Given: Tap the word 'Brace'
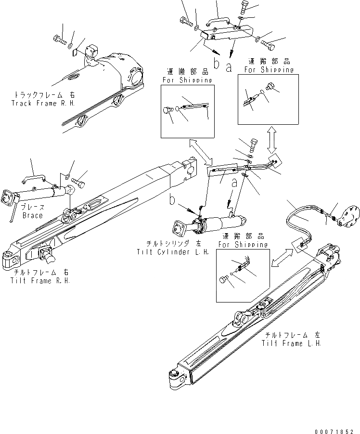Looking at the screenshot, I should click(x=32, y=216).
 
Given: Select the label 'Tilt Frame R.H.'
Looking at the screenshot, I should click(x=39, y=280).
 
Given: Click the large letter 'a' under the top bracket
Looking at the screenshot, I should click(x=229, y=67).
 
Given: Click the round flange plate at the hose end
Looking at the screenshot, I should click(x=347, y=222).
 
